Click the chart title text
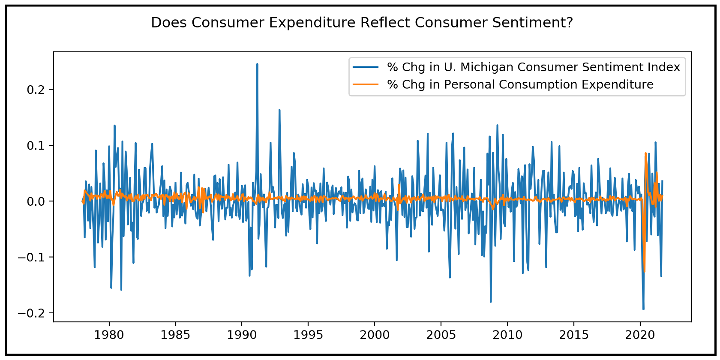point(362,23)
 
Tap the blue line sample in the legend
point(366,67)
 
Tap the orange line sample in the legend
point(366,84)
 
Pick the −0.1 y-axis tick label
point(34,258)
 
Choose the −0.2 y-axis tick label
point(34,313)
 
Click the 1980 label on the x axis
point(109,335)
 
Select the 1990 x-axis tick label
point(242,335)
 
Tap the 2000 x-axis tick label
point(375,335)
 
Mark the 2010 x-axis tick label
point(507,335)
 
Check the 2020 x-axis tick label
point(640,335)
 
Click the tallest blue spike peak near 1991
point(257,64)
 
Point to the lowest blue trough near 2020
point(643,309)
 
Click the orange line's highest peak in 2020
point(645,153)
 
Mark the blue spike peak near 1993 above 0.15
point(279,110)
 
